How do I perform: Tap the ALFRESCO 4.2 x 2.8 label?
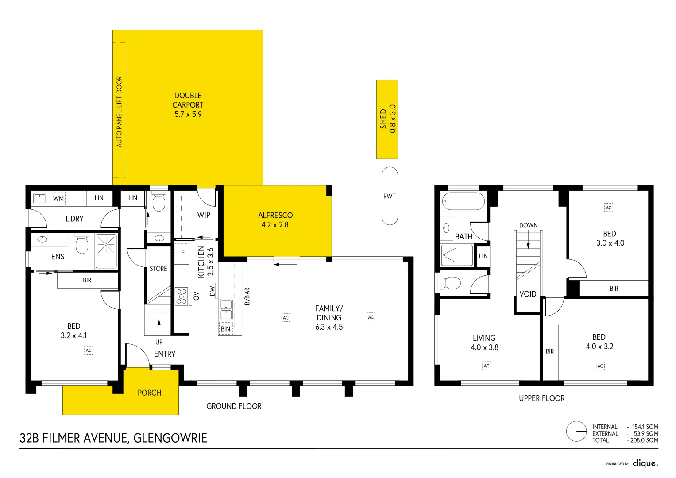pyautogui.click(x=275, y=220)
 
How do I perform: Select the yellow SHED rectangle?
pyautogui.click(x=387, y=119)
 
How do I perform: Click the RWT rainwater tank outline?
pyautogui.click(x=390, y=196)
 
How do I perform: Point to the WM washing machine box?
pyautogui.click(x=58, y=198)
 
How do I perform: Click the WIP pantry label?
pyautogui.click(x=204, y=215)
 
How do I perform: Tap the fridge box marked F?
pyautogui.click(x=182, y=253)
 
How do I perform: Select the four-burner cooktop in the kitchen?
pyautogui.click(x=181, y=296)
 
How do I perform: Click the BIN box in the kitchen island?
pyautogui.click(x=226, y=329)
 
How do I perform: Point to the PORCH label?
pyautogui.click(x=149, y=393)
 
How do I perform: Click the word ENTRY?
pyautogui.click(x=165, y=354)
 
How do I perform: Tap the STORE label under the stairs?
pyautogui.click(x=158, y=269)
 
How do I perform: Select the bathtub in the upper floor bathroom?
pyautogui.click(x=464, y=201)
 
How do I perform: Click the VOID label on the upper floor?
pyautogui.click(x=528, y=294)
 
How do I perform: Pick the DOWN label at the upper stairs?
pyautogui.click(x=529, y=225)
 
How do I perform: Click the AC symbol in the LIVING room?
pyautogui.click(x=487, y=366)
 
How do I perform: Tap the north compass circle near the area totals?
pyautogui.click(x=576, y=432)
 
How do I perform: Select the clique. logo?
pyautogui.click(x=645, y=463)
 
